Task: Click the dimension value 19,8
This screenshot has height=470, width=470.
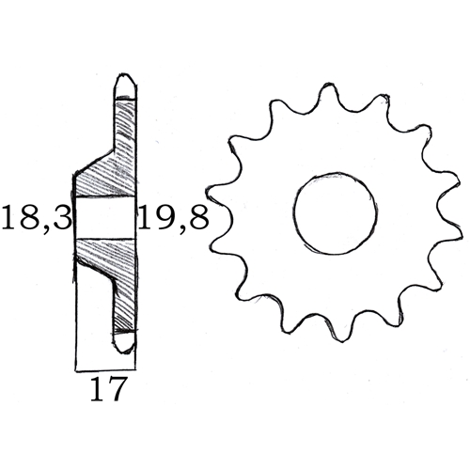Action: pyautogui.click(x=173, y=220)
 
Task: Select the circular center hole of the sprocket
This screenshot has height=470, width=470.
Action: pyautogui.click(x=334, y=212)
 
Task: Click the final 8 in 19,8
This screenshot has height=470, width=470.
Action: pyautogui.click(x=197, y=220)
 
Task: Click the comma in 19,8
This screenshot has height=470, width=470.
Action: pyautogui.click(x=180, y=229)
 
